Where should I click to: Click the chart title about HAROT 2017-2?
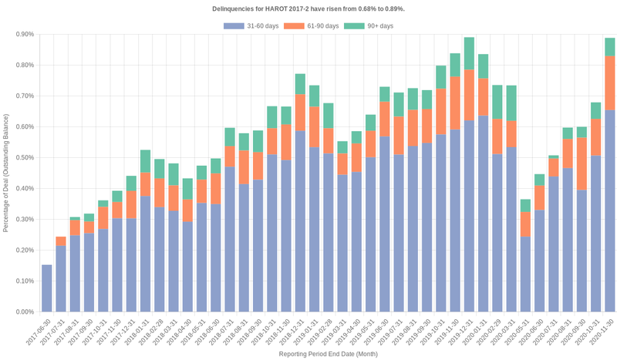[x=308, y=8]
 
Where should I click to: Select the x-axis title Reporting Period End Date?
[x=328, y=354]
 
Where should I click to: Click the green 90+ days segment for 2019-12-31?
[x=469, y=53]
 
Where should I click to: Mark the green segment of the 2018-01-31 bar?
[x=145, y=161]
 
